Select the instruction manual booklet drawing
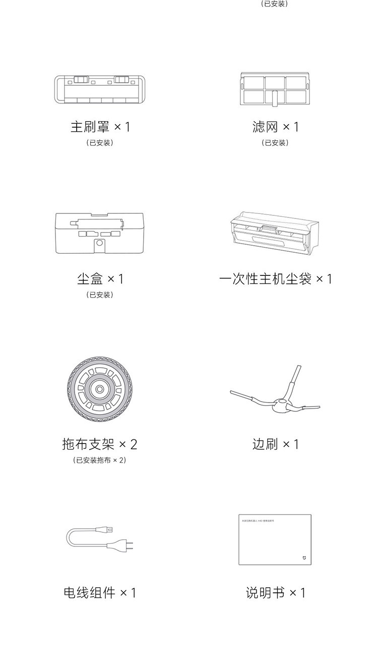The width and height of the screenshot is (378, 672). click(275, 540)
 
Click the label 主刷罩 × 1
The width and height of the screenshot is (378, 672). click(100, 126)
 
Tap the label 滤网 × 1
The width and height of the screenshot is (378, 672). click(275, 126)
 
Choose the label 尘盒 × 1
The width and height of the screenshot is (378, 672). click(100, 278)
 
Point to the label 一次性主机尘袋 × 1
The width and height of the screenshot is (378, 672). click(275, 278)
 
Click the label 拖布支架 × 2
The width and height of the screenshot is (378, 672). click(99, 444)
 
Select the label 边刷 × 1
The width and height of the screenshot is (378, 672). click(275, 444)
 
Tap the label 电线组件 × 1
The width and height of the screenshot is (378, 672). click(100, 592)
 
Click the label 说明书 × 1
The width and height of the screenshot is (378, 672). click(275, 592)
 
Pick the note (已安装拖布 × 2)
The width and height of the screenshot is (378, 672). click(99, 460)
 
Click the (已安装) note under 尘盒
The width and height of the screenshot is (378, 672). click(100, 295)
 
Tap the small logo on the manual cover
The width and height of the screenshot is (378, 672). click(303, 558)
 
